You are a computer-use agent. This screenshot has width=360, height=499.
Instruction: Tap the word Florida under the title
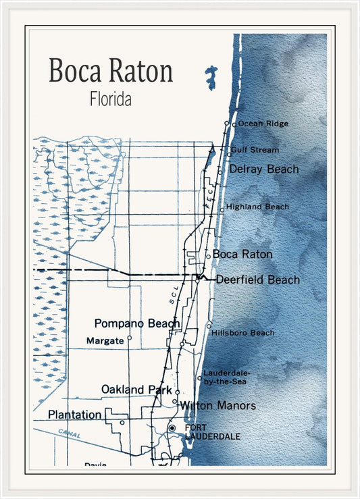110,99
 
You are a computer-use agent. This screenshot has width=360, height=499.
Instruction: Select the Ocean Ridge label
263,124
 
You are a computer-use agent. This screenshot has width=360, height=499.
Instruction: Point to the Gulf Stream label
255,150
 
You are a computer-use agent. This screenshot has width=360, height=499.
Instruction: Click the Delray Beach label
263,169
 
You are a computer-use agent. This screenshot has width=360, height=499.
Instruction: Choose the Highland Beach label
257,207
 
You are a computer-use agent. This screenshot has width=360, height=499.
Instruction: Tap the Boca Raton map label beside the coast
242,255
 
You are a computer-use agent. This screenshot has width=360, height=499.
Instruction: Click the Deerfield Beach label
257,280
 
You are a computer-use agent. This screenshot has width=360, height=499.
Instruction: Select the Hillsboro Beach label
242,333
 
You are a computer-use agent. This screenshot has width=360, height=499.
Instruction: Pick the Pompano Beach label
137,323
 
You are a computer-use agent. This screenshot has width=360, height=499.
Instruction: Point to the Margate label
105,341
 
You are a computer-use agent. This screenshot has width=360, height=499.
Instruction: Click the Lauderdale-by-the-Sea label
226,377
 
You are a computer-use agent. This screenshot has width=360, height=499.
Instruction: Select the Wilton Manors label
217,406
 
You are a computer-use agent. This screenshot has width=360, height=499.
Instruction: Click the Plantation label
75,414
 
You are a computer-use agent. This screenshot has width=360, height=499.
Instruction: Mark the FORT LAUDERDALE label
212,432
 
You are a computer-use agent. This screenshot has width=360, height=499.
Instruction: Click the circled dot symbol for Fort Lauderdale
172,428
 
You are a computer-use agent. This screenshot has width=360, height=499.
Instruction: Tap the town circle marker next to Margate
129,338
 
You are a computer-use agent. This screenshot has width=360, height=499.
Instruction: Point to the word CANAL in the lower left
69,434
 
